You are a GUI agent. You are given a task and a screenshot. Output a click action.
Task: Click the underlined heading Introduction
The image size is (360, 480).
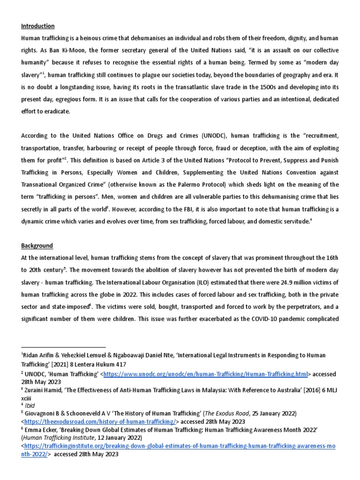(38, 26)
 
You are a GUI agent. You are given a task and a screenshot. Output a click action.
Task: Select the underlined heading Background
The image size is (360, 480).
(37, 246)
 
